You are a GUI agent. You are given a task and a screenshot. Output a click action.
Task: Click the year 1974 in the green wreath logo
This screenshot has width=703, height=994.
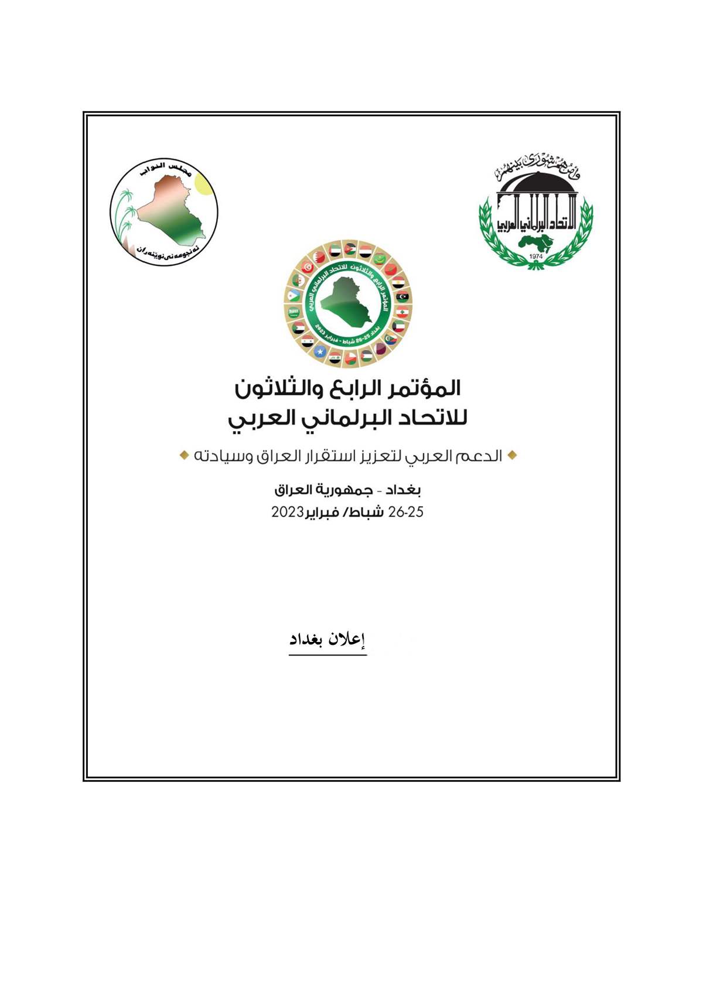[x=535, y=257]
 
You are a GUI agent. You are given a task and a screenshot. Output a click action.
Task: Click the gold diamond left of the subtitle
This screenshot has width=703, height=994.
[x=184, y=455]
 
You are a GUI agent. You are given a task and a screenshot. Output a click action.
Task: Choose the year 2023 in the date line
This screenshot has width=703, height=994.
[x=287, y=512]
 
